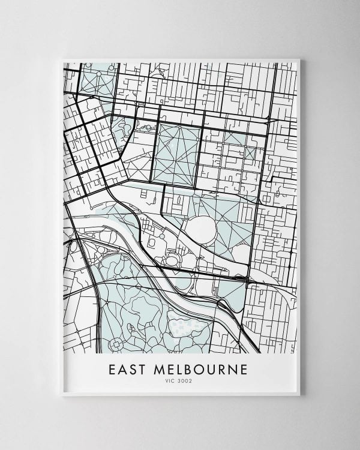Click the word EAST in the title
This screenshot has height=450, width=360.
(x=126, y=370)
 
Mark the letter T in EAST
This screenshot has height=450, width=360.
(x=142, y=370)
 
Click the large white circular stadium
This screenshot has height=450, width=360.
(x=201, y=229)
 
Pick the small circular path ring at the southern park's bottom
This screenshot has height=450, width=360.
(x=116, y=344)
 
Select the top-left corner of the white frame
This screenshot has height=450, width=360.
(x=62, y=59)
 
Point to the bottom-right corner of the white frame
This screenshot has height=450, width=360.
(x=299, y=395)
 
